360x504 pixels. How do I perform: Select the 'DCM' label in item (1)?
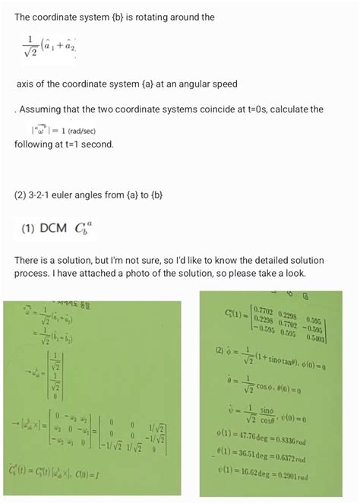point(54,228)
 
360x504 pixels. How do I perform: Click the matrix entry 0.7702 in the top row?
point(264,310)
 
